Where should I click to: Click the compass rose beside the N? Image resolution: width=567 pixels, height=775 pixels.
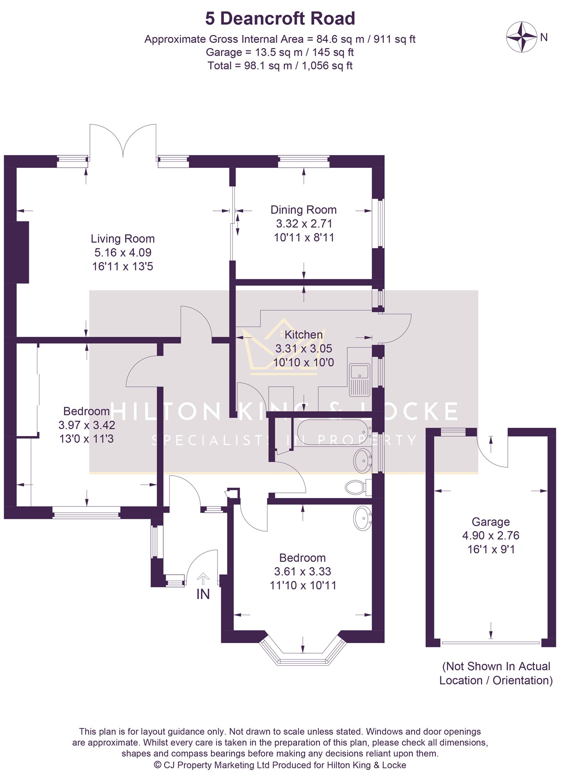522,37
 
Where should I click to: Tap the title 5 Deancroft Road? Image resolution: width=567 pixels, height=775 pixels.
280,18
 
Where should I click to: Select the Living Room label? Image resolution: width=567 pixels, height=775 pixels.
123,238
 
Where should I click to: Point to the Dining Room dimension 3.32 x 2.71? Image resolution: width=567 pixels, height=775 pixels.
304,223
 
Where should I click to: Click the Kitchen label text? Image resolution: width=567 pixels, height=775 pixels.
304,335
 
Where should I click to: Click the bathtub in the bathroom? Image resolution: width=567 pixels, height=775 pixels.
333,432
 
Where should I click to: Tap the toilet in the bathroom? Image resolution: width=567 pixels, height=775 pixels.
358,487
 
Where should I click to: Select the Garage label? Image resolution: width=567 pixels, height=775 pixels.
491,522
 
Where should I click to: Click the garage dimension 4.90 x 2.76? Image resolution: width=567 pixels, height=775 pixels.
491,535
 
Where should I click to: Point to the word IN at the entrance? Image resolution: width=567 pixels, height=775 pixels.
203,594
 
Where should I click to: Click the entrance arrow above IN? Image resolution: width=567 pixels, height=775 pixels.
203,579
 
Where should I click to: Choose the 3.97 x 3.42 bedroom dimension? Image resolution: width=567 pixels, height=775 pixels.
87,425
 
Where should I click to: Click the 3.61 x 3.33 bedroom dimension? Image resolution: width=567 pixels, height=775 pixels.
302,571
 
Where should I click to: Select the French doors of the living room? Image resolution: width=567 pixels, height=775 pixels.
123,141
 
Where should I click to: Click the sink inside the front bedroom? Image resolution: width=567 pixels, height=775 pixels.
362,518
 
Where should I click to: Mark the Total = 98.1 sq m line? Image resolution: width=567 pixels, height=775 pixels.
280,65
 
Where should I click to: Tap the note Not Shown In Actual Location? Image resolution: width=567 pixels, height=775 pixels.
496,673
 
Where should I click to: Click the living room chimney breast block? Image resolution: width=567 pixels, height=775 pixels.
23,252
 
